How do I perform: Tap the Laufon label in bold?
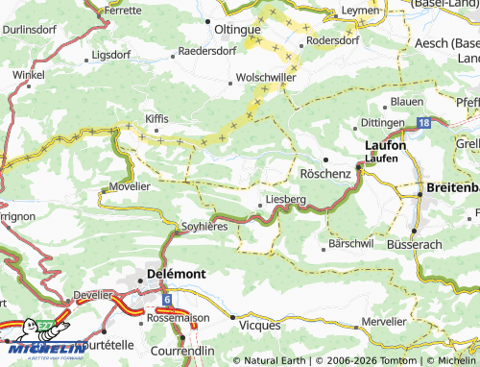[x=385, y=145]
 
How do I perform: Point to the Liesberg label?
[x=285, y=200]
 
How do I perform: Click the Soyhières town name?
[x=204, y=227]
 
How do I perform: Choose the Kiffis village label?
[x=156, y=117]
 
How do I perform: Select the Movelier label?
[x=130, y=184]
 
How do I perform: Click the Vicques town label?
[x=258, y=326]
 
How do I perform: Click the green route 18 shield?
[x=424, y=123]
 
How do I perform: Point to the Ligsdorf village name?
[x=112, y=55]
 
